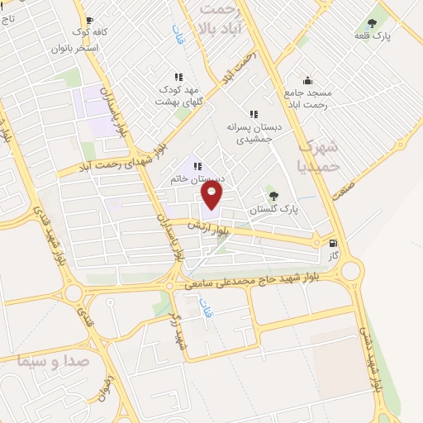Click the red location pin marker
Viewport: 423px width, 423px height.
pos(212,195)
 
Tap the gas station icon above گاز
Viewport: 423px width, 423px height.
pos(333,244)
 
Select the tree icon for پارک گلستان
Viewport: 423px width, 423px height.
pos(273,196)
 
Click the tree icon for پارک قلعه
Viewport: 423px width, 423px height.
pos(371,22)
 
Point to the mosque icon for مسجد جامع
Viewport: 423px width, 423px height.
pos(307,81)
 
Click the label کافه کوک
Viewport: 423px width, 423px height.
pos(90,32)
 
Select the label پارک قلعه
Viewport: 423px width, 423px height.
pos(373,36)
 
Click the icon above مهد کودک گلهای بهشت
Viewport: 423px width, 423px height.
pos(178,77)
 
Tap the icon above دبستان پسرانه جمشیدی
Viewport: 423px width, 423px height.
pos(254,115)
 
